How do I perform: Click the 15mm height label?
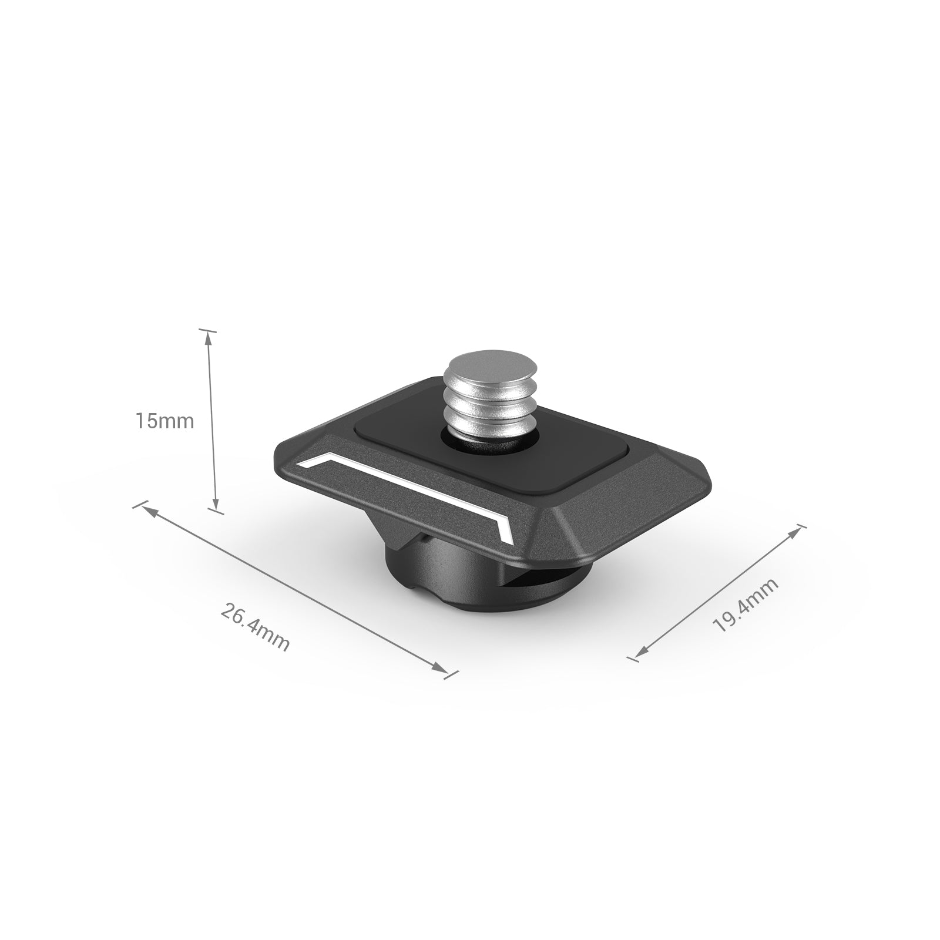click(164, 421)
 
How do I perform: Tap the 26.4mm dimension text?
click(256, 626)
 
